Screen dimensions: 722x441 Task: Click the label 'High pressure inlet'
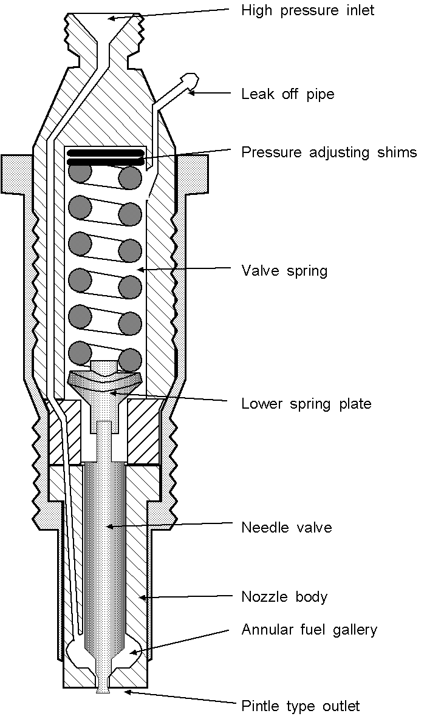(307, 10)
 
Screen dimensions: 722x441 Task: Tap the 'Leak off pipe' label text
(287, 94)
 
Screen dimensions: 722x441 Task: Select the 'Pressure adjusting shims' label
(329, 152)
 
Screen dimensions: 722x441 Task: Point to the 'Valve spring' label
(284, 270)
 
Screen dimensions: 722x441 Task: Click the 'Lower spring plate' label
(306, 404)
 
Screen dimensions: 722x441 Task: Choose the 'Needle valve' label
(286, 527)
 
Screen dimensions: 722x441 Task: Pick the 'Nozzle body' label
(284, 597)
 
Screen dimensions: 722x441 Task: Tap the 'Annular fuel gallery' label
(309, 630)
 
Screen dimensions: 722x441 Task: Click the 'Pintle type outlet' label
(300, 706)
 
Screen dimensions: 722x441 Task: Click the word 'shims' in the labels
(397, 152)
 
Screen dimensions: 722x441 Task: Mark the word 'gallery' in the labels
(354, 630)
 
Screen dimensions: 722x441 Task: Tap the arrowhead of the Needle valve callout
(108, 526)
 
